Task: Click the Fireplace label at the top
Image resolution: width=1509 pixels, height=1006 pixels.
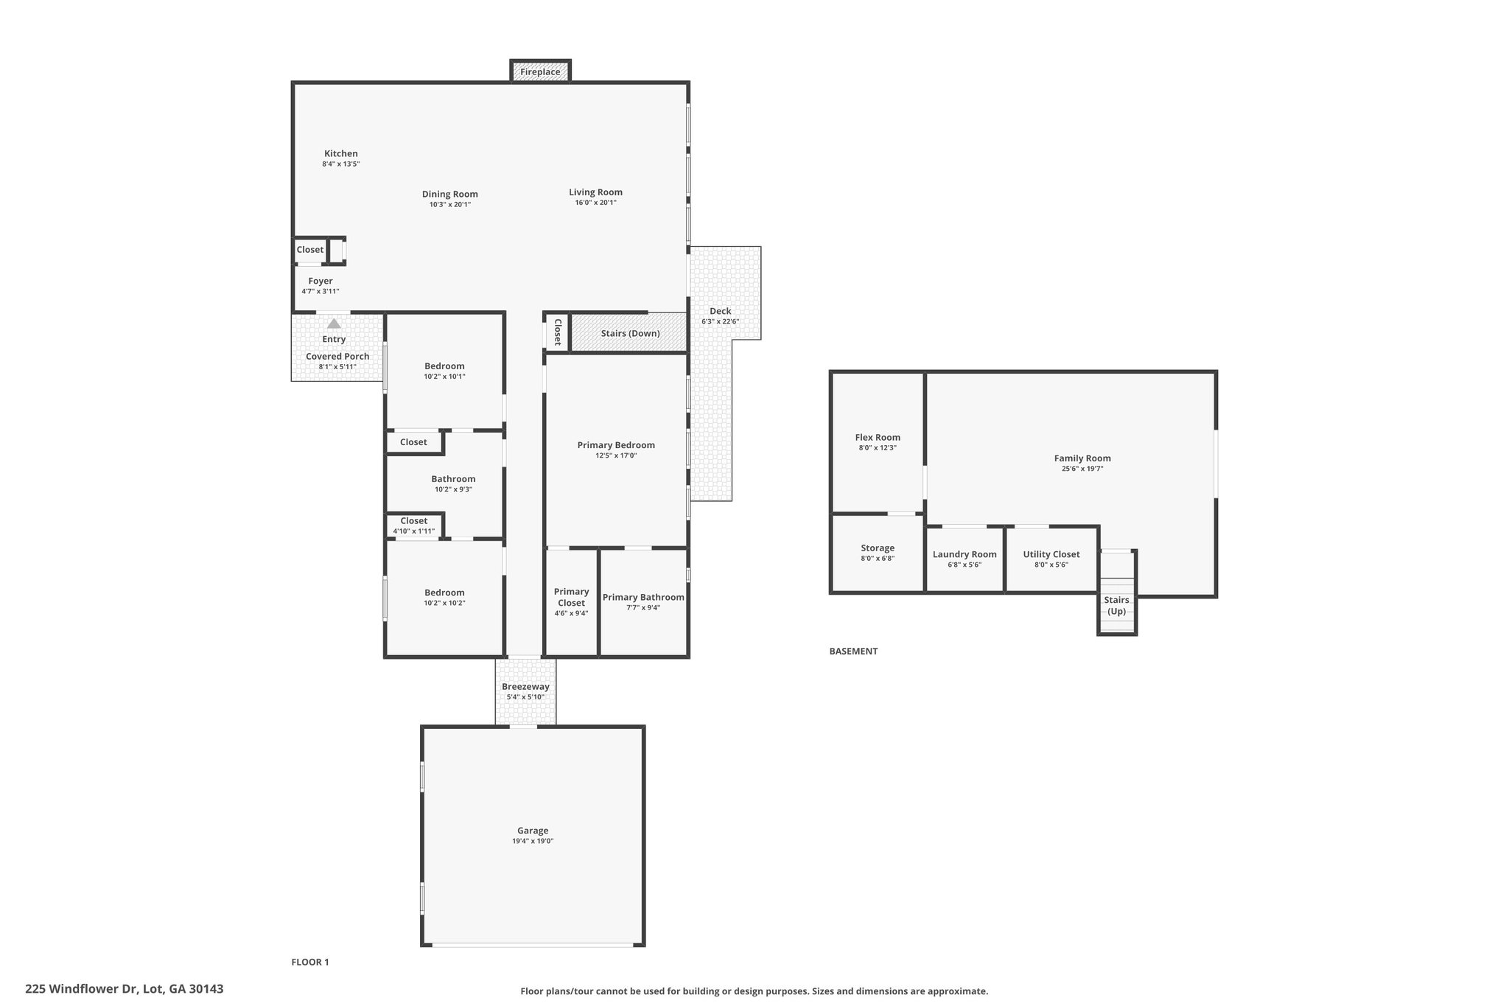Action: pos(540,72)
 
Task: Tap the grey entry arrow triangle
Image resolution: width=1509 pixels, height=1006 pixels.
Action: pos(334,324)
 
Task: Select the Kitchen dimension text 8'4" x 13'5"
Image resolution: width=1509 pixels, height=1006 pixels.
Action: pos(340,164)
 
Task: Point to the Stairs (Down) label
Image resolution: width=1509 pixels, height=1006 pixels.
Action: pos(630,333)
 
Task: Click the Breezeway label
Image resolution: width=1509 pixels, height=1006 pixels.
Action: pos(525,687)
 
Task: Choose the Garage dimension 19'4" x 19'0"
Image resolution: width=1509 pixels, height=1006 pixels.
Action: pos(533,841)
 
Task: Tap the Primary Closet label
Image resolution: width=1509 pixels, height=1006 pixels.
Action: pos(571,597)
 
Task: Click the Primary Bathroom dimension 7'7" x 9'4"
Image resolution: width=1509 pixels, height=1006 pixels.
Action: pos(643,608)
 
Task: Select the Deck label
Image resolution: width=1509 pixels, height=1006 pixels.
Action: pos(720,311)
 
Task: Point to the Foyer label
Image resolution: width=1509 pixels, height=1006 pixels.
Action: pos(321,281)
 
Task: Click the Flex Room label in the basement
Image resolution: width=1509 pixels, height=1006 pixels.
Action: pos(878,437)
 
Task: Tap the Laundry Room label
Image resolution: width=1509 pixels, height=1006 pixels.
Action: pos(964,554)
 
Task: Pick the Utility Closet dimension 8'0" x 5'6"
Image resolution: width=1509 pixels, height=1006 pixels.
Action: pos(1051,565)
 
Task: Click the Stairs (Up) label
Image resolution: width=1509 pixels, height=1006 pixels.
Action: pos(1116,605)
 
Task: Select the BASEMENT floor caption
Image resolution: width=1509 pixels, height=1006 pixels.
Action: pos(853,652)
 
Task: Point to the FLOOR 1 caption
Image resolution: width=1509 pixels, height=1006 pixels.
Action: pos(310,962)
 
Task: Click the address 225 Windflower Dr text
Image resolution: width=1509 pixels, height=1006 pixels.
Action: pos(81,989)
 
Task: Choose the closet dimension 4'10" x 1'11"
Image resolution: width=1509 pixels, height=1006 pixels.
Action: pos(413,531)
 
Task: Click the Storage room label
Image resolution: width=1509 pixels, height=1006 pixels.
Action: pos(878,548)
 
